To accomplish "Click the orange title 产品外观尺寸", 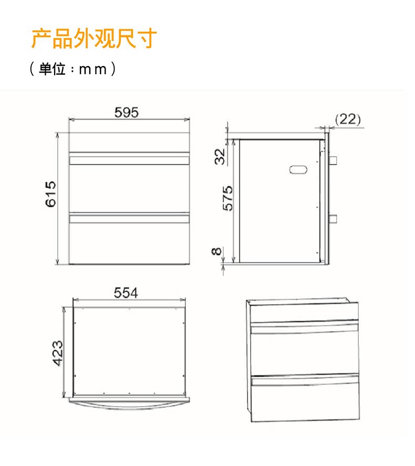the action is click(94, 39).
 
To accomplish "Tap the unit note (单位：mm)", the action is click(72, 69).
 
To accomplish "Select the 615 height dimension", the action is click(50, 194).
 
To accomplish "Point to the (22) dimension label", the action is click(347, 120).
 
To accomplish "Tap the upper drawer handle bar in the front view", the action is click(129, 159).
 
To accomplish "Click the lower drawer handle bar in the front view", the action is click(129, 217).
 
